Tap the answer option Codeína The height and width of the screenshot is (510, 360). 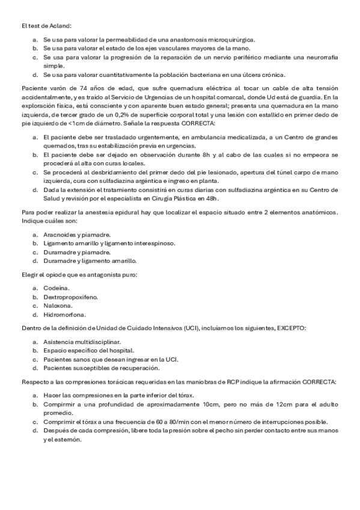tap(56, 288)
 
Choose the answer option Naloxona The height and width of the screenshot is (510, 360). tap(58, 305)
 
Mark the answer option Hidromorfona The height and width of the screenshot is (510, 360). tap(64, 314)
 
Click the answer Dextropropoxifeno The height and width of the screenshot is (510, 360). tap(70, 296)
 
